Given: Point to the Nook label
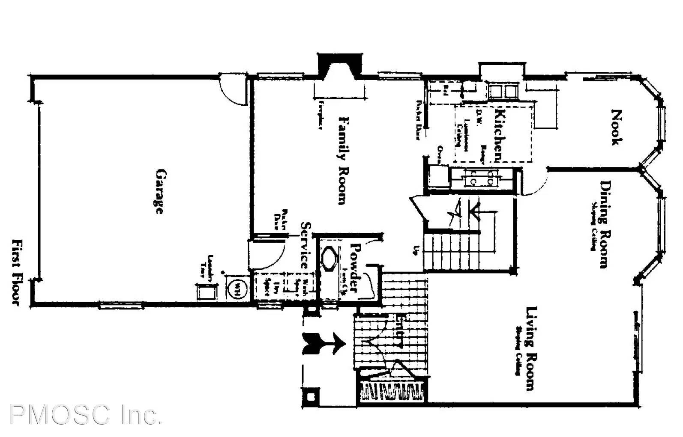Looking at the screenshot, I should click(616, 128).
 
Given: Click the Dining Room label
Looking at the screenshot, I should click(605, 224).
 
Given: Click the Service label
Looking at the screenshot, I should click(306, 245).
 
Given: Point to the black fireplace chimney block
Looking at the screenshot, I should click(340, 64).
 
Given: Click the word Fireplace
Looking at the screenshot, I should click(320, 115).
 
